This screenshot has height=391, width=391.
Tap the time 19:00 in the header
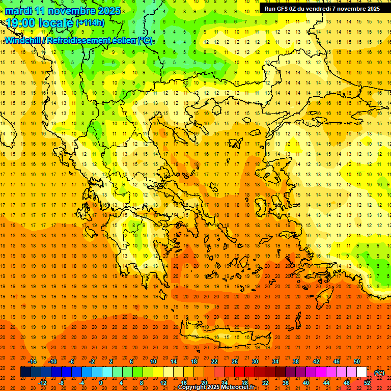pos(22,23)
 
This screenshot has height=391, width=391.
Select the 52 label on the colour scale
pos(367,383)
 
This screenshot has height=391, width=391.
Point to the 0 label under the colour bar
pos(101,383)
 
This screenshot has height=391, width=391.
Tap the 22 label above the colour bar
pos(214,361)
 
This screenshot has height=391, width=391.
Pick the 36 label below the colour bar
pos(286,383)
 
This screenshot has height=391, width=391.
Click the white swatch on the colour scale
pos(361,372)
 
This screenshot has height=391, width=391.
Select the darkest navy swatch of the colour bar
pos(25,372)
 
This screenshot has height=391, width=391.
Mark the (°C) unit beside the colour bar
pos(379,373)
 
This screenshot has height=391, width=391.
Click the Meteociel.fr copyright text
pos(216,387)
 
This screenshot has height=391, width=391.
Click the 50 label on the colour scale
pos(356,361)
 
